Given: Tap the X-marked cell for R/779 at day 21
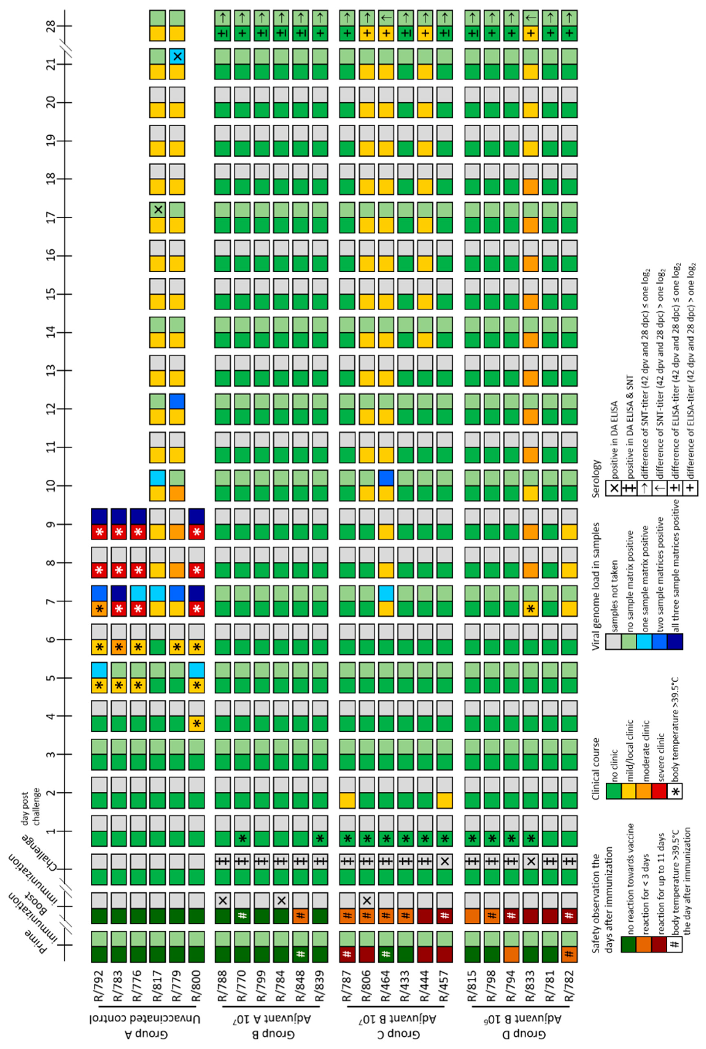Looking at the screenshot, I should coord(178,57).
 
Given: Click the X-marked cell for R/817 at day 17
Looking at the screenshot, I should coord(158,209).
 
